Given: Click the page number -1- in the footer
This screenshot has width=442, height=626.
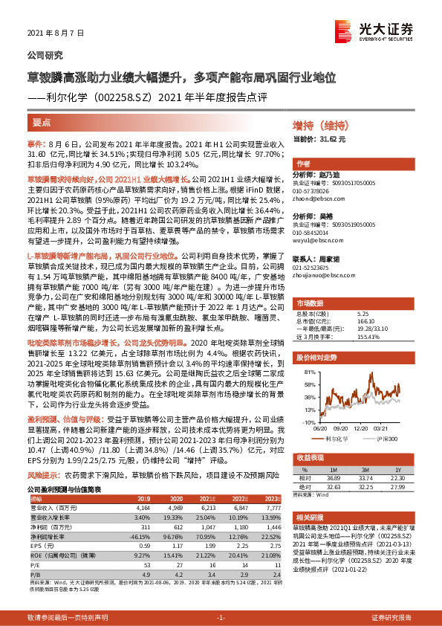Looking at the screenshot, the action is (221, 618).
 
